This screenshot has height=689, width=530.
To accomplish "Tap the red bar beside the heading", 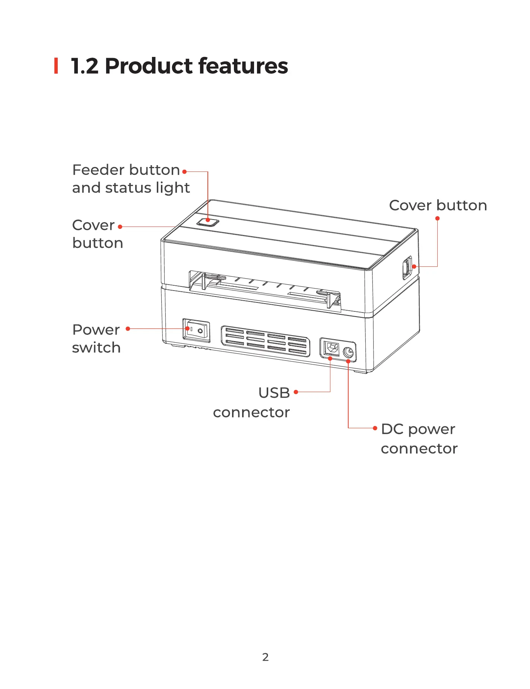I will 56,66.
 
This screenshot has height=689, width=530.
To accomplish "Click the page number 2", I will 265,657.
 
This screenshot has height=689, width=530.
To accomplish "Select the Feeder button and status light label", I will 131,179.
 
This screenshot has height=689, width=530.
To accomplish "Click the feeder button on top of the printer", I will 208,222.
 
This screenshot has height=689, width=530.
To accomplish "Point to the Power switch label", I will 96,339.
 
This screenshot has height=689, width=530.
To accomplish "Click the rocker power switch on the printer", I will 196,330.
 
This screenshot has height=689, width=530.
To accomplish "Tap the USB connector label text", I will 252,403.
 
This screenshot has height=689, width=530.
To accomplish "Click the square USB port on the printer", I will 331,348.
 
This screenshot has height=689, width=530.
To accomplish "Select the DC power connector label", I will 419,439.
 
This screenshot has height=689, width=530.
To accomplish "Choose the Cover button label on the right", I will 438,205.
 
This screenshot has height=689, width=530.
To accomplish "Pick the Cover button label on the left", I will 97,234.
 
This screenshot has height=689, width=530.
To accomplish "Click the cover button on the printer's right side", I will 407,267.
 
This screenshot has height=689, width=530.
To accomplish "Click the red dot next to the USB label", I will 296,392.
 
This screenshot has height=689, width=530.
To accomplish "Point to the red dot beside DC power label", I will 375,428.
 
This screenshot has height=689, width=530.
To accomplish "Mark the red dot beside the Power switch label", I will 128,329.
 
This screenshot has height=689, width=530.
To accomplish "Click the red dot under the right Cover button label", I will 438,218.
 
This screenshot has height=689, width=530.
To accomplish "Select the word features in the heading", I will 243,66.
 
